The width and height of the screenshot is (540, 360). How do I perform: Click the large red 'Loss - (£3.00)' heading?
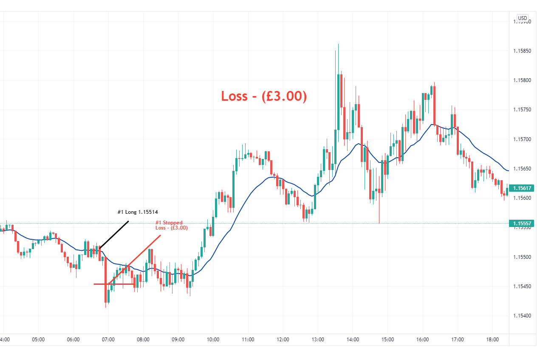[x=263, y=96]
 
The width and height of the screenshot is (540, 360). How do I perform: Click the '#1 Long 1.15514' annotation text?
[x=138, y=211]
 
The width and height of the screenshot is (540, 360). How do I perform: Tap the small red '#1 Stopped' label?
[x=169, y=222]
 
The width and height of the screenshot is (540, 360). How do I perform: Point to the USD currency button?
[x=522, y=18]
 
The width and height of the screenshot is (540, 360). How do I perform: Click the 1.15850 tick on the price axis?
[x=522, y=51]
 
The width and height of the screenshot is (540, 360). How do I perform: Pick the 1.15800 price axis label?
[x=522, y=80]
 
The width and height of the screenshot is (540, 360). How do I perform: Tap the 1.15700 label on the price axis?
[x=522, y=139]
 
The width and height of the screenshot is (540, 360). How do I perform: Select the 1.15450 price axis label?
[x=522, y=286]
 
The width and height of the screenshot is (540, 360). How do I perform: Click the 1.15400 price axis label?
[x=522, y=316]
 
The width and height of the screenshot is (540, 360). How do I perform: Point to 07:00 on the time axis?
[x=108, y=340]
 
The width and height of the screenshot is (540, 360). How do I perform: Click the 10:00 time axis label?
[x=213, y=340]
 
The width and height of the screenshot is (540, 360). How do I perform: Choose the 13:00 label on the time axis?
[x=318, y=340]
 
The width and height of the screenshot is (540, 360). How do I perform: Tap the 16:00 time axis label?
[x=422, y=340]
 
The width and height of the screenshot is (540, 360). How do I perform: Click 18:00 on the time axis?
[x=492, y=340]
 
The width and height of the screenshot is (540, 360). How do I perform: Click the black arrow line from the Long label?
[x=114, y=234]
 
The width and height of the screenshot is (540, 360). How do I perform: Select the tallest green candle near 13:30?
[x=339, y=102]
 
